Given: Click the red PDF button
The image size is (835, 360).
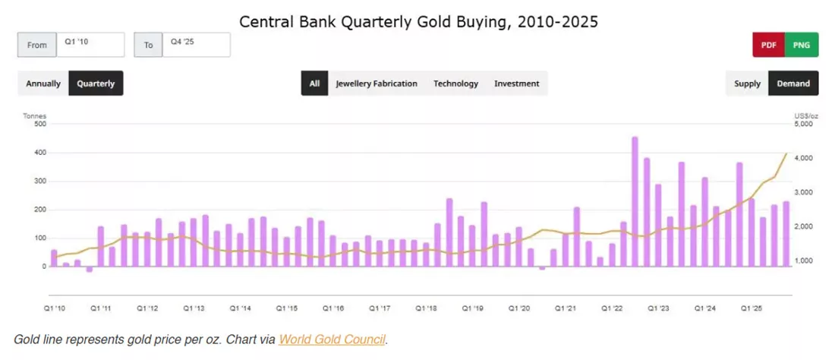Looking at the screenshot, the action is (x=768, y=45).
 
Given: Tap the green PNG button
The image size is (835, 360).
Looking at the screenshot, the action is (x=802, y=45).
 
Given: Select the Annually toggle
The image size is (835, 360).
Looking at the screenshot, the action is (x=43, y=84).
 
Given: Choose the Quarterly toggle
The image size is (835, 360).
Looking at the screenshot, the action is (x=96, y=84).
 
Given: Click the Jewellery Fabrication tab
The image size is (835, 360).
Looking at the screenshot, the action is (x=377, y=84).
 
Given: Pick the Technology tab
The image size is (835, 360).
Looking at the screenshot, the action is (x=456, y=84).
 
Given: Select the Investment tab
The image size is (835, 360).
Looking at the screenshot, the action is (x=516, y=84).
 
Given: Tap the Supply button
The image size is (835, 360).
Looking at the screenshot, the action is (x=747, y=84).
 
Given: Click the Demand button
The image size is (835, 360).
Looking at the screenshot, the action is (x=793, y=84).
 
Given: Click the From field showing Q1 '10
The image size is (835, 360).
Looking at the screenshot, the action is (x=90, y=45).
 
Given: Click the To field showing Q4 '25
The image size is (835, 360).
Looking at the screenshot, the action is (x=197, y=45).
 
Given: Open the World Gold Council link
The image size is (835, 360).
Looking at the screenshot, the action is (x=332, y=339).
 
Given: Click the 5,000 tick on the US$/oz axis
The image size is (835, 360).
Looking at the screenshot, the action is (x=802, y=124).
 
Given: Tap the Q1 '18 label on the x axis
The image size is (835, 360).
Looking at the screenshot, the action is (x=426, y=308).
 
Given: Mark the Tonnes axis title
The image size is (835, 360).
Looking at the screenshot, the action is (x=35, y=115).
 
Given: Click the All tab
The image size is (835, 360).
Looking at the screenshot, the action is (x=315, y=84).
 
